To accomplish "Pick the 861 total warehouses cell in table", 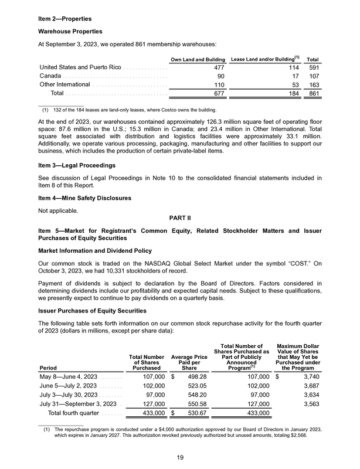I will tap(313, 93).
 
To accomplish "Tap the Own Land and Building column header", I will tap(198, 60).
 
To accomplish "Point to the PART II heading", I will tap(180, 219).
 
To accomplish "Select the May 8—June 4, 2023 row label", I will tap(71, 376).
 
